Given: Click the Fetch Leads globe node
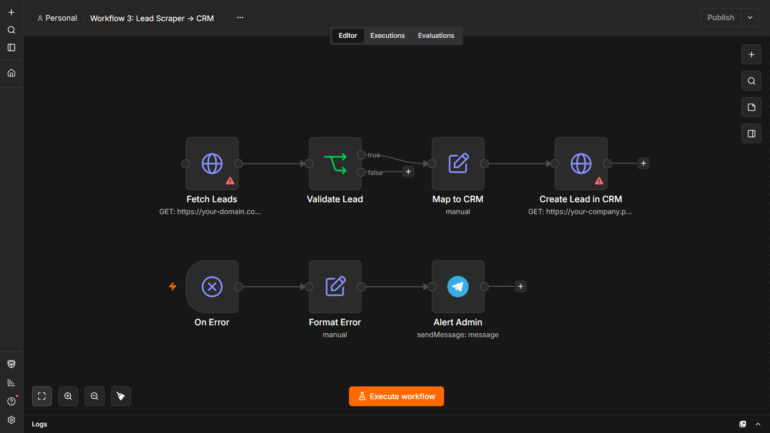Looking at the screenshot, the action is point(212,164).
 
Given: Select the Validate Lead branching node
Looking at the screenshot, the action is point(335,164).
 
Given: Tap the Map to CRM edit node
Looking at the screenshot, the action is point(458,164).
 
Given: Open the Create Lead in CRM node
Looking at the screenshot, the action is point(581,164).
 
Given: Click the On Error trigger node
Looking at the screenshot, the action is point(212,287).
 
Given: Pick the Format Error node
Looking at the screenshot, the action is point(335,287).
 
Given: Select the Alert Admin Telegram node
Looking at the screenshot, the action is point(458,287).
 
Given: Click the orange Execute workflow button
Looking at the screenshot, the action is point(396,397).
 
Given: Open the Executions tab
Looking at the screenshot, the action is point(387,36).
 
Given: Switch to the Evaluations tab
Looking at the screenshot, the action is point(436,36).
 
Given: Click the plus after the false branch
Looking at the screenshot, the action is point(408,172).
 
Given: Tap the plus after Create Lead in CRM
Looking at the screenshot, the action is point(643,164).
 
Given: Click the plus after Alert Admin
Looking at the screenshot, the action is point(521,287).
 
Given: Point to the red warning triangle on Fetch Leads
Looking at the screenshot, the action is point(230,181).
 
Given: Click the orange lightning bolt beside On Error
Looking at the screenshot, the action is point(173,287).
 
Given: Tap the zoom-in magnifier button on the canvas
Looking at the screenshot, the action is point(68,396).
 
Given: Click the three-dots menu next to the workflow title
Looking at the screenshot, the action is point(240,18).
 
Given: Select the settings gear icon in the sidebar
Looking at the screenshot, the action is point(11,420).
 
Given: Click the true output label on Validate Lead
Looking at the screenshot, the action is point(374,155).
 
